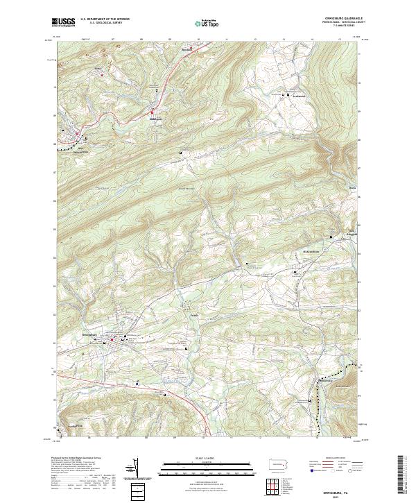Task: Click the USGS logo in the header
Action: point(64,22)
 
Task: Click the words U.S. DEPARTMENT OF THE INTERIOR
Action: point(105,19)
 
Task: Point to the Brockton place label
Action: point(187,51)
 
